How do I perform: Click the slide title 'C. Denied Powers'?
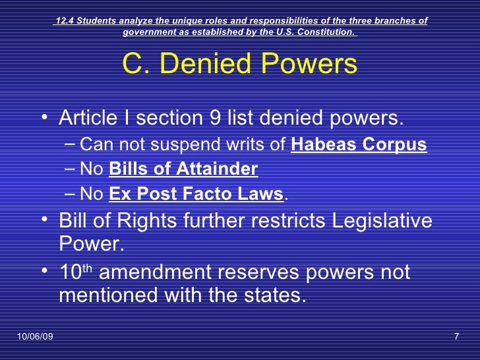[x=239, y=65]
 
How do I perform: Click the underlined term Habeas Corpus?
[x=358, y=146]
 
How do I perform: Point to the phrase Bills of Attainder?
[x=183, y=170]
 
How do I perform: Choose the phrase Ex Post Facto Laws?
[x=196, y=195]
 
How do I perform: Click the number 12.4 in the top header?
[x=64, y=20]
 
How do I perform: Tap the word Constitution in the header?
[x=324, y=32]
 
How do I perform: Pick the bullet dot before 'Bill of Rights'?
[x=44, y=222]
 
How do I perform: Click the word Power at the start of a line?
[x=88, y=245]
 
